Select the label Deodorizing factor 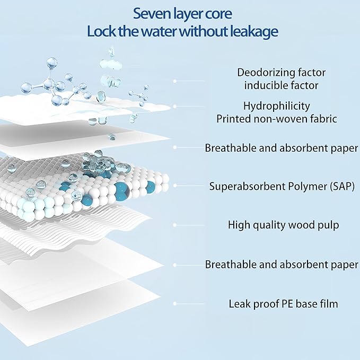281,72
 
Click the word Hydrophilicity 276,106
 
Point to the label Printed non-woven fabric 277,119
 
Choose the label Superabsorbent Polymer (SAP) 282,186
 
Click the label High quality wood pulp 284,225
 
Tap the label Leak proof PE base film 283,304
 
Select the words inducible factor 281,85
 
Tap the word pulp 328,225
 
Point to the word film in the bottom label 329,304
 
